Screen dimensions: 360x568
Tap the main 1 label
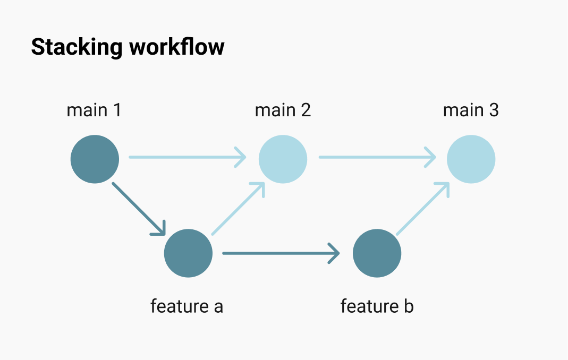click(94, 110)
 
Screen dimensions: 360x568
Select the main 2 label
click(283, 110)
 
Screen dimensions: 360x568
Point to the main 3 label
click(471, 110)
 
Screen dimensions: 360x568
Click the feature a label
click(186, 306)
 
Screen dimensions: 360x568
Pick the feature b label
click(377, 306)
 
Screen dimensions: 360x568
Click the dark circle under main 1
click(95, 159)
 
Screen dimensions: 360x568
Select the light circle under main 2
click(283, 159)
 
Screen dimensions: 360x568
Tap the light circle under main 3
click(471, 159)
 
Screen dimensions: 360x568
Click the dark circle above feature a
click(188, 253)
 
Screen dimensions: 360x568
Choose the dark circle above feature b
click(377, 253)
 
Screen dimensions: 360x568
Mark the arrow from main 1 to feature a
click(139, 209)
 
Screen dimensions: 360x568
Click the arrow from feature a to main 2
click(238, 208)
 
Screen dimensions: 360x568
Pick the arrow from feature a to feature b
click(280, 253)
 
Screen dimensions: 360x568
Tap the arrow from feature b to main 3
click(423, 208)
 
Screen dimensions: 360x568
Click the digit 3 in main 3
click(494, 110)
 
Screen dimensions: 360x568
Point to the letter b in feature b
click(408, 306)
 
